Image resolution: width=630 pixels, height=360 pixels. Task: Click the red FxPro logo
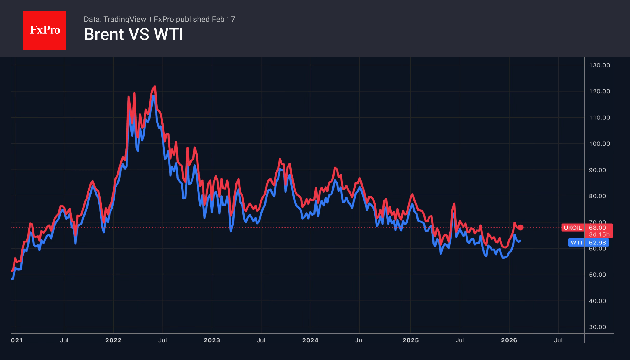(45, 30)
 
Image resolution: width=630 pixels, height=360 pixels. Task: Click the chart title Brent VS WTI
(133, 34)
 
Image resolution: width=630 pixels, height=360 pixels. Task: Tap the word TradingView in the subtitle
(124, 19)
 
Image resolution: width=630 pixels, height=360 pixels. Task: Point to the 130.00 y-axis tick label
(599, 65)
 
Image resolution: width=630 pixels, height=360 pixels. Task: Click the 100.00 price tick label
(599, 144)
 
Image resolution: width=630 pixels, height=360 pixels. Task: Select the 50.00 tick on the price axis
(597, 275)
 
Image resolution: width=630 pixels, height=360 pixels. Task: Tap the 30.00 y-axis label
(597, 327)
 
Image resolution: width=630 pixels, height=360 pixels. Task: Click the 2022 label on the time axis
(113, 340)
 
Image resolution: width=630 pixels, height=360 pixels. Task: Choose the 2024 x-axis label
(310, 340)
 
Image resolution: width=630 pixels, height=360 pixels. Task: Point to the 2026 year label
(509, 340)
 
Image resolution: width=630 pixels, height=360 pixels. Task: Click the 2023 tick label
(212, 340)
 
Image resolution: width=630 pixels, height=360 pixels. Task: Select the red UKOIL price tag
(572, 228)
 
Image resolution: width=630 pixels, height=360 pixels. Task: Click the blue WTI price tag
(576, 243)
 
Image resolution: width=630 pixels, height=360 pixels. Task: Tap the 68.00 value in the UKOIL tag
(597, 228)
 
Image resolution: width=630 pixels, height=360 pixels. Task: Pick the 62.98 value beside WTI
(597, 243)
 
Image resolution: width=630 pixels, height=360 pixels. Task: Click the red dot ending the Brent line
(520, 228)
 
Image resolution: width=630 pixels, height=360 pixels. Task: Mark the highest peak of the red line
(155, 87)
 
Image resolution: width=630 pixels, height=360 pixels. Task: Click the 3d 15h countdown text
(599, 234)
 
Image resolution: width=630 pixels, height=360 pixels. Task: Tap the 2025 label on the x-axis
(410, 340)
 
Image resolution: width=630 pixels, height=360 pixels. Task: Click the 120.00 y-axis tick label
(599, 92)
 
